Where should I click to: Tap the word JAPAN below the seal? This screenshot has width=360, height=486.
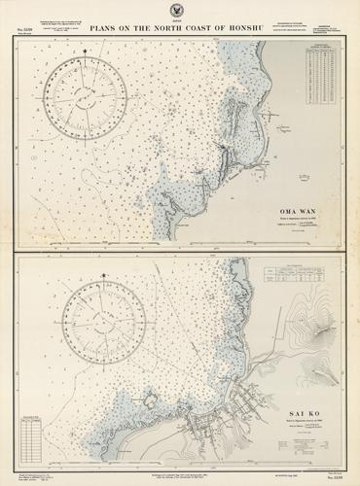click(179, 19)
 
